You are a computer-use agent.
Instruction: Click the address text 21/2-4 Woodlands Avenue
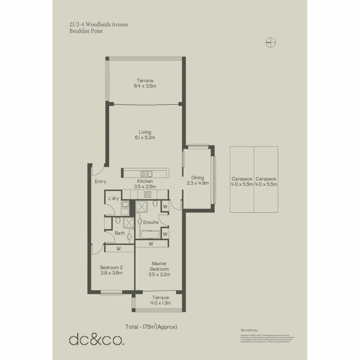coord(99,25)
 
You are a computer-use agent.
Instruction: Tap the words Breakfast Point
coord(86,31)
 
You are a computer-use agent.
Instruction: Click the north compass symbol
coord(271,42)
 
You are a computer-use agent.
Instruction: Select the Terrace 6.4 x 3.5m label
coord(145,83)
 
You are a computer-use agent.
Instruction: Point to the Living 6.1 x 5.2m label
coord(145,135)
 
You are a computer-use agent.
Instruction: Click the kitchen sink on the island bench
coord(146,173)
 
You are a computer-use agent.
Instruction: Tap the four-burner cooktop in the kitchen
coord(147,195)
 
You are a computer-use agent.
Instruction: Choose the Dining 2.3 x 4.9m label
coord(197,180)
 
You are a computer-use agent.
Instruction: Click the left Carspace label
coord(242,181)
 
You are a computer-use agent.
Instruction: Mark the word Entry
coord(100,182)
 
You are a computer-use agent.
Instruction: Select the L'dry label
coord(113,198)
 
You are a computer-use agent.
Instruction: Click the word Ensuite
coord(151,222)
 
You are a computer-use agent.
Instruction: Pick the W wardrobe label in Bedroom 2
coord(119,248)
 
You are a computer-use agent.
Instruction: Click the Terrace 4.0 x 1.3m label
coord(160,300)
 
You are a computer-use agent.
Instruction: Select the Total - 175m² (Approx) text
coord(151,327)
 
